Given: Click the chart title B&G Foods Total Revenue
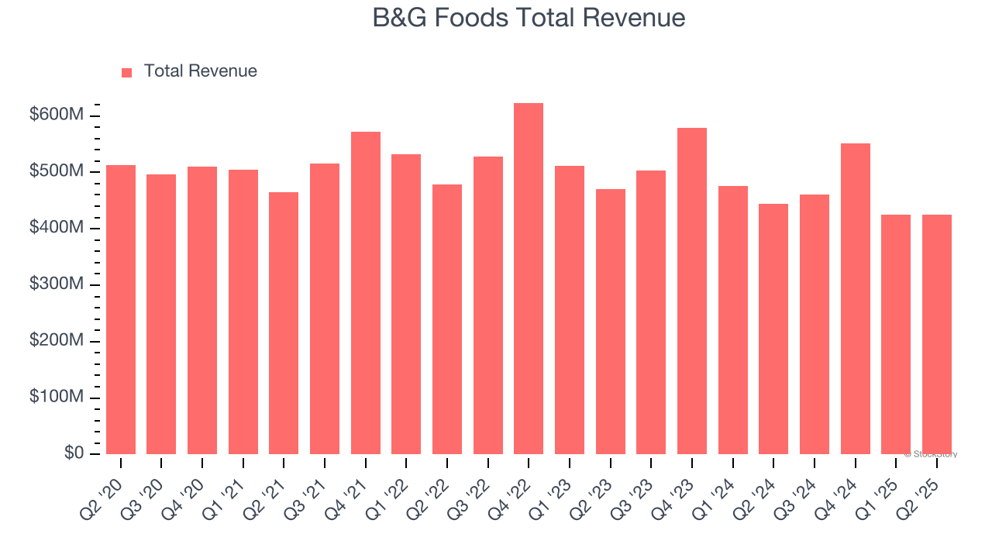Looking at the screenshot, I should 529,18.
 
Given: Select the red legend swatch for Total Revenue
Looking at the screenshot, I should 127,72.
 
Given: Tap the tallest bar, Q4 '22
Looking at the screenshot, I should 529,279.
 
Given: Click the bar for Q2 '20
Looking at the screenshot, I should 121,310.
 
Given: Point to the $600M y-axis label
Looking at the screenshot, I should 56,115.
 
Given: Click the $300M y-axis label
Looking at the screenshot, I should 56,284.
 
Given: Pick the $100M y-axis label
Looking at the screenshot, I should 56,397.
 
